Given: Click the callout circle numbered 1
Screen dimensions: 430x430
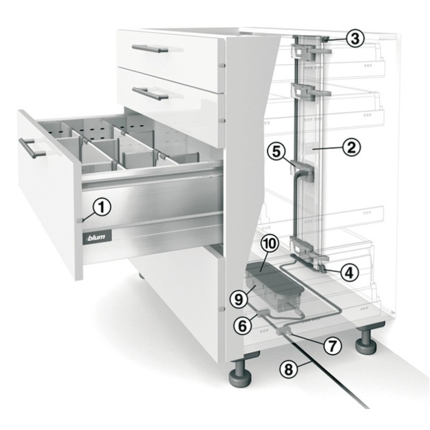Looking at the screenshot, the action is (102, 207).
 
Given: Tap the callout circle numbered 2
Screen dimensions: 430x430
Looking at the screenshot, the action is (352, 147).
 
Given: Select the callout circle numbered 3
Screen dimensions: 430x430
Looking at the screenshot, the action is (355, 38).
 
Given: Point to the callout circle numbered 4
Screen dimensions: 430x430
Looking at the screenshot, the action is (349, 273).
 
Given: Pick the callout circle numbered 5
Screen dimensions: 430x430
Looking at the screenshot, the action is (276, 151).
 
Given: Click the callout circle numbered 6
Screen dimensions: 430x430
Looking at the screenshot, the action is (242, 326).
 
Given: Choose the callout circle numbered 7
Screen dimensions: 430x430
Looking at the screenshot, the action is (332, 345).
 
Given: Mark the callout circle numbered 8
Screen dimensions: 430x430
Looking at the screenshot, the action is (289, 369).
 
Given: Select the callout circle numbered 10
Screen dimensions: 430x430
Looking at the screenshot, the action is (270, 243).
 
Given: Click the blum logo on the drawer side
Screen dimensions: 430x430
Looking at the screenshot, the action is (97, 236).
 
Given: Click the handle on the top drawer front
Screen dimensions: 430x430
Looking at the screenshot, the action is (150, 49).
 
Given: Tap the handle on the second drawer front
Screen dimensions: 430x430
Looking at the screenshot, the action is (150, 93).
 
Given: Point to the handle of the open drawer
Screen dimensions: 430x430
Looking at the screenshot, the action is (31, 148).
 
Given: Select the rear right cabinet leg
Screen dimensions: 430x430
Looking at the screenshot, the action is (366, 340).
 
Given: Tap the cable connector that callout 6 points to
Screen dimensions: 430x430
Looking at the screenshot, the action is (263, 313).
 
